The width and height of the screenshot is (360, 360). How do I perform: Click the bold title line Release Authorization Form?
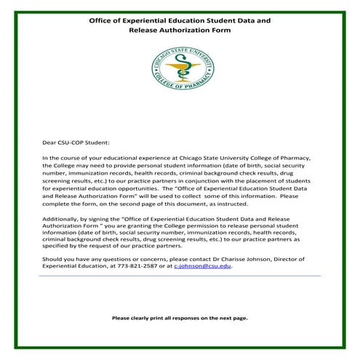click(x=180, y=32)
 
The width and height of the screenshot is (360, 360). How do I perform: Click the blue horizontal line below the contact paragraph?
click(x=180, y=276)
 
